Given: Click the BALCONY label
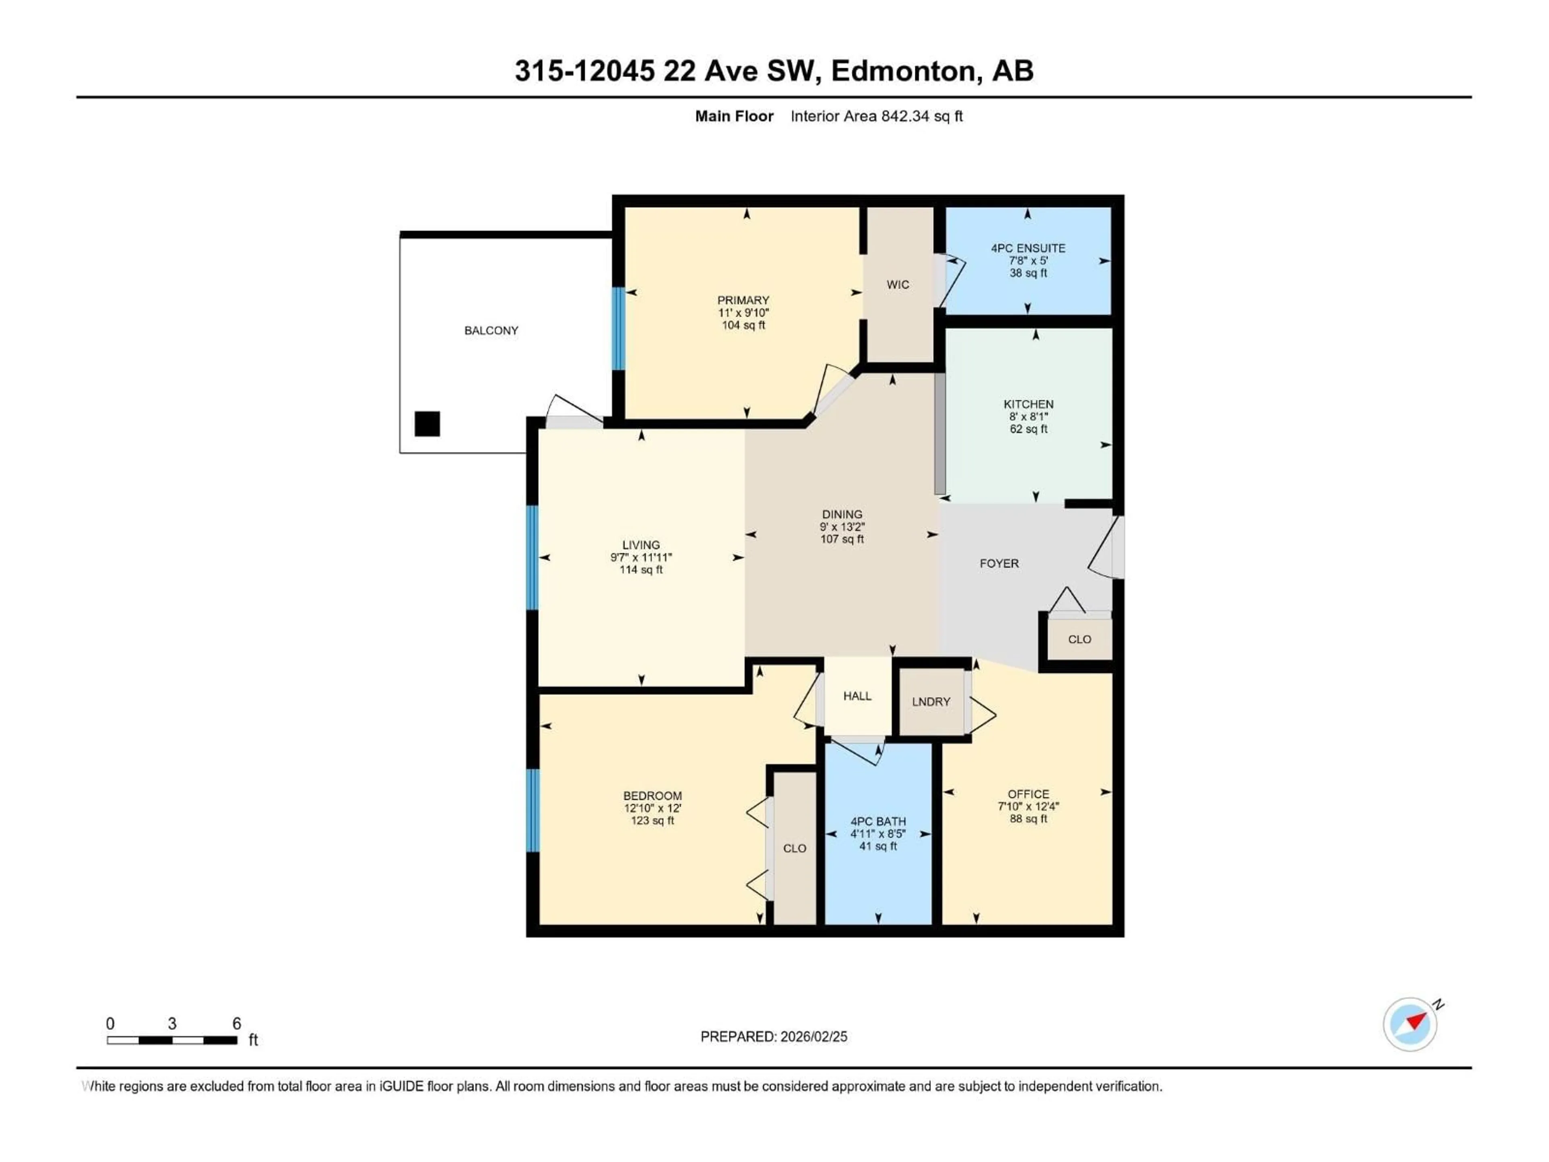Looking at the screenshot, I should (491, 330).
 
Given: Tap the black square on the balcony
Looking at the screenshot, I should (427, 424).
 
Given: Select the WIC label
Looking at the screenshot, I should (898, 284).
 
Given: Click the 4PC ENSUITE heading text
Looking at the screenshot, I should (1028, 248).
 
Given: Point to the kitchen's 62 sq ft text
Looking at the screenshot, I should (1028, 428).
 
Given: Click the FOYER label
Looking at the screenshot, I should (999, 563).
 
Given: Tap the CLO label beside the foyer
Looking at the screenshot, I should (1079, 639).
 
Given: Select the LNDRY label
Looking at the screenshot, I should (931, 701).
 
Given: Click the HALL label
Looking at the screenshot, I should (857, 696).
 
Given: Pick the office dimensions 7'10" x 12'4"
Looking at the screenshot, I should (1028, 806).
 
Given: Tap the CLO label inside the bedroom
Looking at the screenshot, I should (794, 848).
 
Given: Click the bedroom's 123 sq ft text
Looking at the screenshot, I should (652, 820).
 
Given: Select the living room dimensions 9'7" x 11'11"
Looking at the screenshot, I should (641, 558).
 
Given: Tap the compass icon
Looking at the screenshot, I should (1410, 1024).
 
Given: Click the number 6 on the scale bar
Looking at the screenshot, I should (237, 1023).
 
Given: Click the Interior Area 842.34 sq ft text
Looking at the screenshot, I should (876, 116).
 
